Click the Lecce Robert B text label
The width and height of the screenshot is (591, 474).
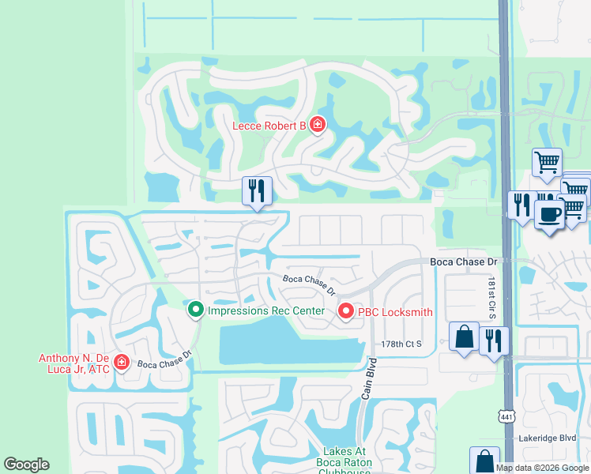pyautogui.click(x=269, y=126)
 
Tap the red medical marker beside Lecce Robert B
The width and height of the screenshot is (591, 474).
pyautogui.click(x=317, y=124)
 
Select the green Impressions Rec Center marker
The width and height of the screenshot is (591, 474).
pyautogui.click(x=196, y=310)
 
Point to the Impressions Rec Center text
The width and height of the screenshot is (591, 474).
pyautogui.click(x=265, y=310)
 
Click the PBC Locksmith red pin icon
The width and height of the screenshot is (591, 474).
pyautogui.click(x=345, y=311)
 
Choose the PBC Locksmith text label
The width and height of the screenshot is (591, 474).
pyautogui.click(x=395, y=311)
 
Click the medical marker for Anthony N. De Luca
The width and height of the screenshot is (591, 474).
pyautogui.click(x=121, y=362)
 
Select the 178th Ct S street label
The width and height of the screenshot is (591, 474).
pyautogui.click(x=402, y=344)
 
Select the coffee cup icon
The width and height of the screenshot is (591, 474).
pyautogui.click(x=549, y=213)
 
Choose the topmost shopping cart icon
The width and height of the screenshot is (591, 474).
pyautogui.click(x=547, y=162)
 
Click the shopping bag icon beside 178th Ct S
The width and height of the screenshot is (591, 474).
pyautogui.click(x=463, y=337)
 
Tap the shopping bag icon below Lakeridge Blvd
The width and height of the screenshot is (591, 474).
pyautogui.click(x=484, y=461)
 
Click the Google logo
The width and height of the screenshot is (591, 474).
pyautogui.click(x=27, y=465)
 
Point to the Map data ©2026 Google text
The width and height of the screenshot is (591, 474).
pyautogui.click(x=541, y=468)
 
